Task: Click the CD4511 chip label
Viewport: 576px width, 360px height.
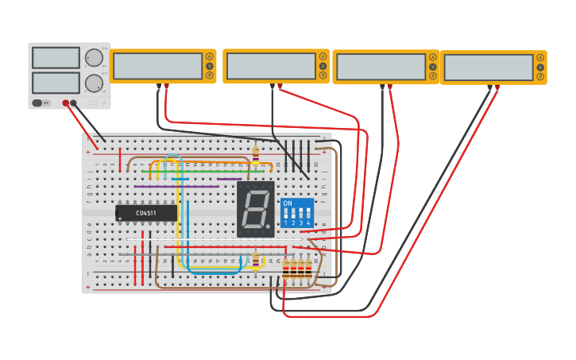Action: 145,213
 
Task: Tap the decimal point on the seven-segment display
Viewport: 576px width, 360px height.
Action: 269,226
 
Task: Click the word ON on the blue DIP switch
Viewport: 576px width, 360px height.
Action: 288,204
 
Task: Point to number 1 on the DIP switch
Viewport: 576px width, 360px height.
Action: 286,223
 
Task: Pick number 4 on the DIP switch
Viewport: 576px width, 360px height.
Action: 308,223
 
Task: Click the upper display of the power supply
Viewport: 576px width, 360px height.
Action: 56,58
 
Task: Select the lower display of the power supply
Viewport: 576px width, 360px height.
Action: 56,83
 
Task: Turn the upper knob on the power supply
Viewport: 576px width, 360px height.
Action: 94,58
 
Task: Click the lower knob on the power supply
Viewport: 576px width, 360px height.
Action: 94,83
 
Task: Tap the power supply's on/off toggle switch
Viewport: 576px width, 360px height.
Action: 37,103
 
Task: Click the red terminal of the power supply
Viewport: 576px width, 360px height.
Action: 66,103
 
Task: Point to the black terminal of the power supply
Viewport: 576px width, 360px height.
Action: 74,103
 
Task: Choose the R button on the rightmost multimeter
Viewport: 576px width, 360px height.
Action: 540,76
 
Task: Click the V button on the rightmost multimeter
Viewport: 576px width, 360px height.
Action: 540,67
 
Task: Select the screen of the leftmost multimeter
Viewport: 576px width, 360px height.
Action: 157,66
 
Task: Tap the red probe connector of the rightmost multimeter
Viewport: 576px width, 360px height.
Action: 497,87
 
